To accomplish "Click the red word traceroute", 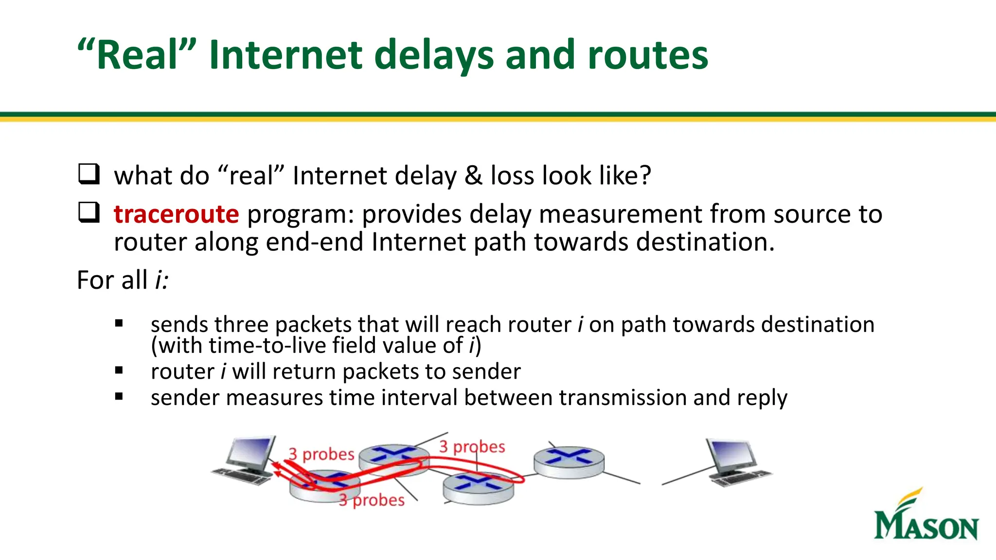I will click(x=176, y=214).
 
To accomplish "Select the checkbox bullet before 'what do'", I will click(x=89, y=174).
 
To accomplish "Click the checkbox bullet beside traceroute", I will click(x=89, y=213).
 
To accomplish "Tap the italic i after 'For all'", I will click(x=160, y=280).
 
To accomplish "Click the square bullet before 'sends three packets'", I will click(x=119, y=323).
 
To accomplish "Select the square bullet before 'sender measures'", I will click(x=119, y=397).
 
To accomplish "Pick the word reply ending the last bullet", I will click(x=762, y=398).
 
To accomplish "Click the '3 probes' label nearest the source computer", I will click(x=321, y=454).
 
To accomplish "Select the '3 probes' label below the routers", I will click(x=372, y=500).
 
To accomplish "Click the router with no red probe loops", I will click(x=569, y=462).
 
